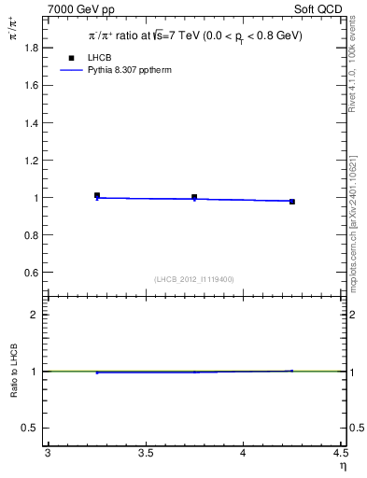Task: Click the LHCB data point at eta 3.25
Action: pos(97,195)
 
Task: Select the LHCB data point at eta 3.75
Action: pos(194,197)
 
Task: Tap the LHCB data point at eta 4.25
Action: pos(292,202)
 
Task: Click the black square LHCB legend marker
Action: pos(71,58)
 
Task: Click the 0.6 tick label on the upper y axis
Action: pos(34,273)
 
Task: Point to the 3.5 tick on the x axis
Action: pos(145,454)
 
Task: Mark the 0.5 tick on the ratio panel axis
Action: pos(34,428)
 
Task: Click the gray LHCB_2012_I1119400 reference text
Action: pos(193,279)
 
